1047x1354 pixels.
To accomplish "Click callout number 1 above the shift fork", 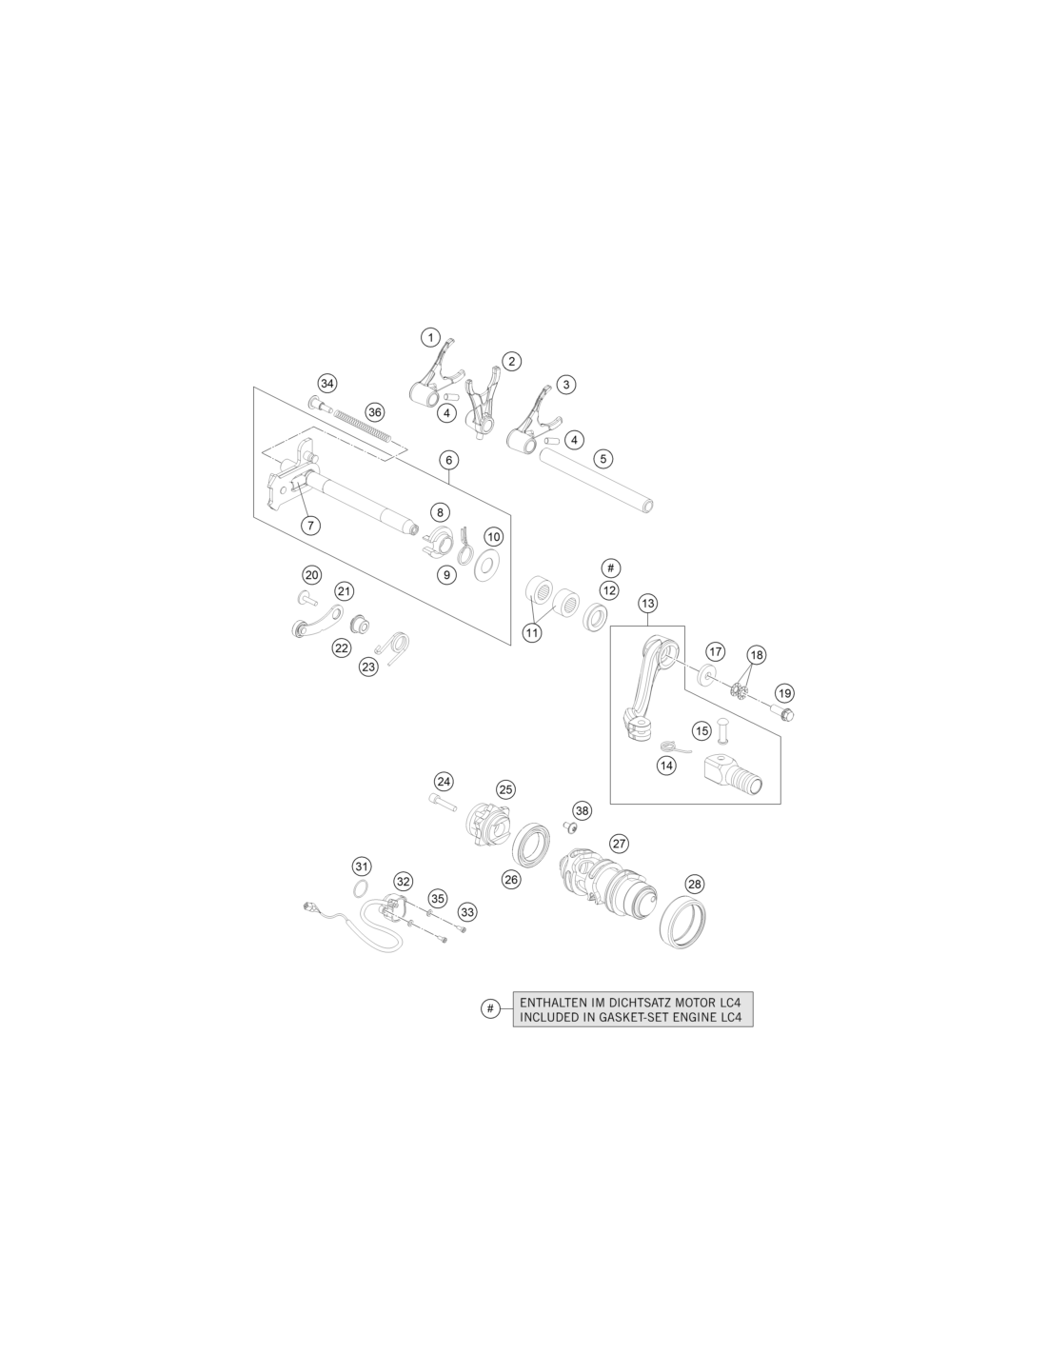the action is coord(430,338).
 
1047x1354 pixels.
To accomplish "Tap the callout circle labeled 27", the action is coord(619,844).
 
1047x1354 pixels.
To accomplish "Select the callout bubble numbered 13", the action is coord(648,603).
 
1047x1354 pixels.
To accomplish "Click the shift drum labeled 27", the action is coord(606,879).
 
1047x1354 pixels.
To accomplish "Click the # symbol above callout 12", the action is coord(610,567).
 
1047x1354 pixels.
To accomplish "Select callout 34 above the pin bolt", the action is coord(326,383).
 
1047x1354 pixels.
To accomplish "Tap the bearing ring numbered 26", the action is coord(531,842).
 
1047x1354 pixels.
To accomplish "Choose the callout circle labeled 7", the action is coord(310,526).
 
